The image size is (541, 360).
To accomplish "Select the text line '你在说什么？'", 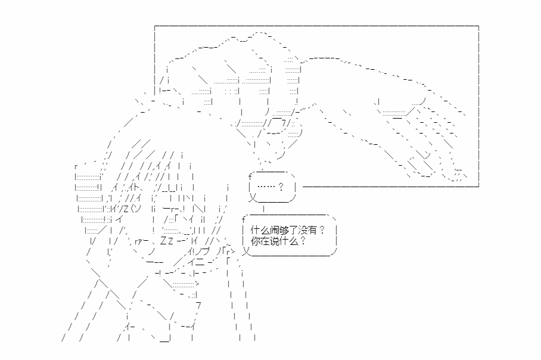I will coord(279,241).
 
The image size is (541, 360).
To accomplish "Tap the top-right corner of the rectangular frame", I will coord(478,26).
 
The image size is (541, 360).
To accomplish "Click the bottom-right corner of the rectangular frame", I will coord(478,186).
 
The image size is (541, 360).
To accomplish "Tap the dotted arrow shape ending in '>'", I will coord(179,284).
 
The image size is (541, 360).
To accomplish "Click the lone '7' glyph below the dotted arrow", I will coord(198,305).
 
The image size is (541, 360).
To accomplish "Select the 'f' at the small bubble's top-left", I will coord(251,176).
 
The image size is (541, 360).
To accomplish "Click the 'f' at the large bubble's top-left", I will coord(244,219).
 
